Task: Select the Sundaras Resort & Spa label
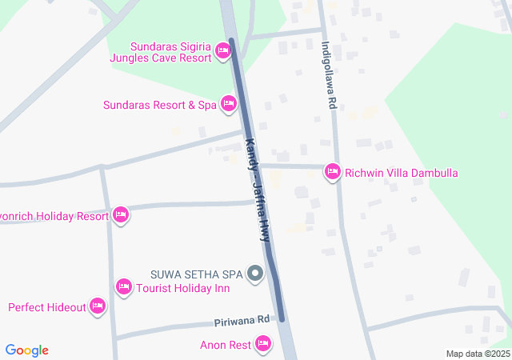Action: (x=160, y=105)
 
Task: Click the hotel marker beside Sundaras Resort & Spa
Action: (x=229, y=104)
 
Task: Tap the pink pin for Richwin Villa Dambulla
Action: (x=333, y=171)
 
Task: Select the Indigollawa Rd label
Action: (x=326, y=76)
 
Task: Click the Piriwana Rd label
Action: (x=242, y=320)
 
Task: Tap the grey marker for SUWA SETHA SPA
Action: (x=255, y=274)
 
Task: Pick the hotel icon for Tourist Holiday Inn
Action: (x=123, y=286)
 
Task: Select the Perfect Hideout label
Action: (x=46, y=307)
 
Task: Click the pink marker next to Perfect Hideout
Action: (x=98, y=306)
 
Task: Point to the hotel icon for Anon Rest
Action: (x=263, y=345)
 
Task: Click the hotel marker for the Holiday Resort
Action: (x=121, y=214)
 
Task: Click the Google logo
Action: (x=27, y=350)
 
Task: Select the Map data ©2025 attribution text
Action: (x=478, y=354)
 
